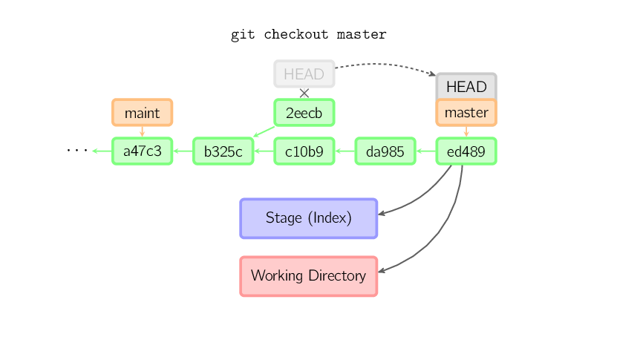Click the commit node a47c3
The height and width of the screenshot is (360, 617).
pos(142,151)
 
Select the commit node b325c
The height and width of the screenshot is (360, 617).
pos(223,151)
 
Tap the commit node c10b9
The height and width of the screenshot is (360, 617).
pos(304,151)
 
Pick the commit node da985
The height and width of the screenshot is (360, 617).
pos(385,151)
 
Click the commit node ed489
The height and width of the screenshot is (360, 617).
pos(466,151)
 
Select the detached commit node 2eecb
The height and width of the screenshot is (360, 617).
pos(304,113)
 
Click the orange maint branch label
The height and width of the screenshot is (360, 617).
pos(142,113)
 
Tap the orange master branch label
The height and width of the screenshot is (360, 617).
pos(466,113)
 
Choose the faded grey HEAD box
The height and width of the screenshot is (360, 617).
pos(304,74)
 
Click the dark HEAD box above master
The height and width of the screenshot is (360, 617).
pos(466,86)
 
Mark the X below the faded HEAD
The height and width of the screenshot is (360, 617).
pos(304,93)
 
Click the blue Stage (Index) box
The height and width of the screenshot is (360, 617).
pos(309,218)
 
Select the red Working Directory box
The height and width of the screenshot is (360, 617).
pos(309,276)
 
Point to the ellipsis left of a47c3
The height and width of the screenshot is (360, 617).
pos(76,151)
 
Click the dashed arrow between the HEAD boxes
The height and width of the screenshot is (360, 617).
pos(386,65)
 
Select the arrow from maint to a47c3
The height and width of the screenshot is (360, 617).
pos(142,131)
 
